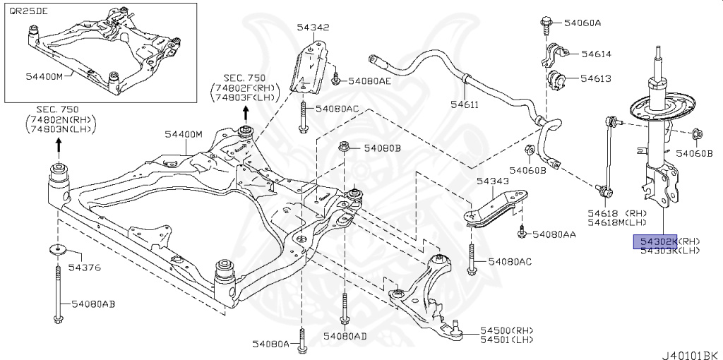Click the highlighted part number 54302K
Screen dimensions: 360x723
click(x=655, y=241)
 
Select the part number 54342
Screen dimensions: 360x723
click(x=313, y=28)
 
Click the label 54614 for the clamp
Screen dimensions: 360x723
click(x=596, y=54)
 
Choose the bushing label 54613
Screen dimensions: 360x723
click(x=596, y=78)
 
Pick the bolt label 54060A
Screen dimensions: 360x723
click(x=582, y=23)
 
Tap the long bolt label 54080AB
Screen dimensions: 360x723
click(x=92, y=304)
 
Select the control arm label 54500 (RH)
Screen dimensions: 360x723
click(x=506, y=330)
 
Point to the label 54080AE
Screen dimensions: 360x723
click(x=371, y=80)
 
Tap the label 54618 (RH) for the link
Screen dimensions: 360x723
click(x=618, y=212)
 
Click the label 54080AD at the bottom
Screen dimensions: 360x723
click(x=345, y=336)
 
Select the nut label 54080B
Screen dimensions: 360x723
click(x=382, y=148)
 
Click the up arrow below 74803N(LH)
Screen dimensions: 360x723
click(x=58, y=147)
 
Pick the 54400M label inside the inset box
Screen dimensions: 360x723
click(x=44, y=76)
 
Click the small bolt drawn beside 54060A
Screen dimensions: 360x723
click(x=549, y=23)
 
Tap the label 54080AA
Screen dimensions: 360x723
click(x=554, y=234)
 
